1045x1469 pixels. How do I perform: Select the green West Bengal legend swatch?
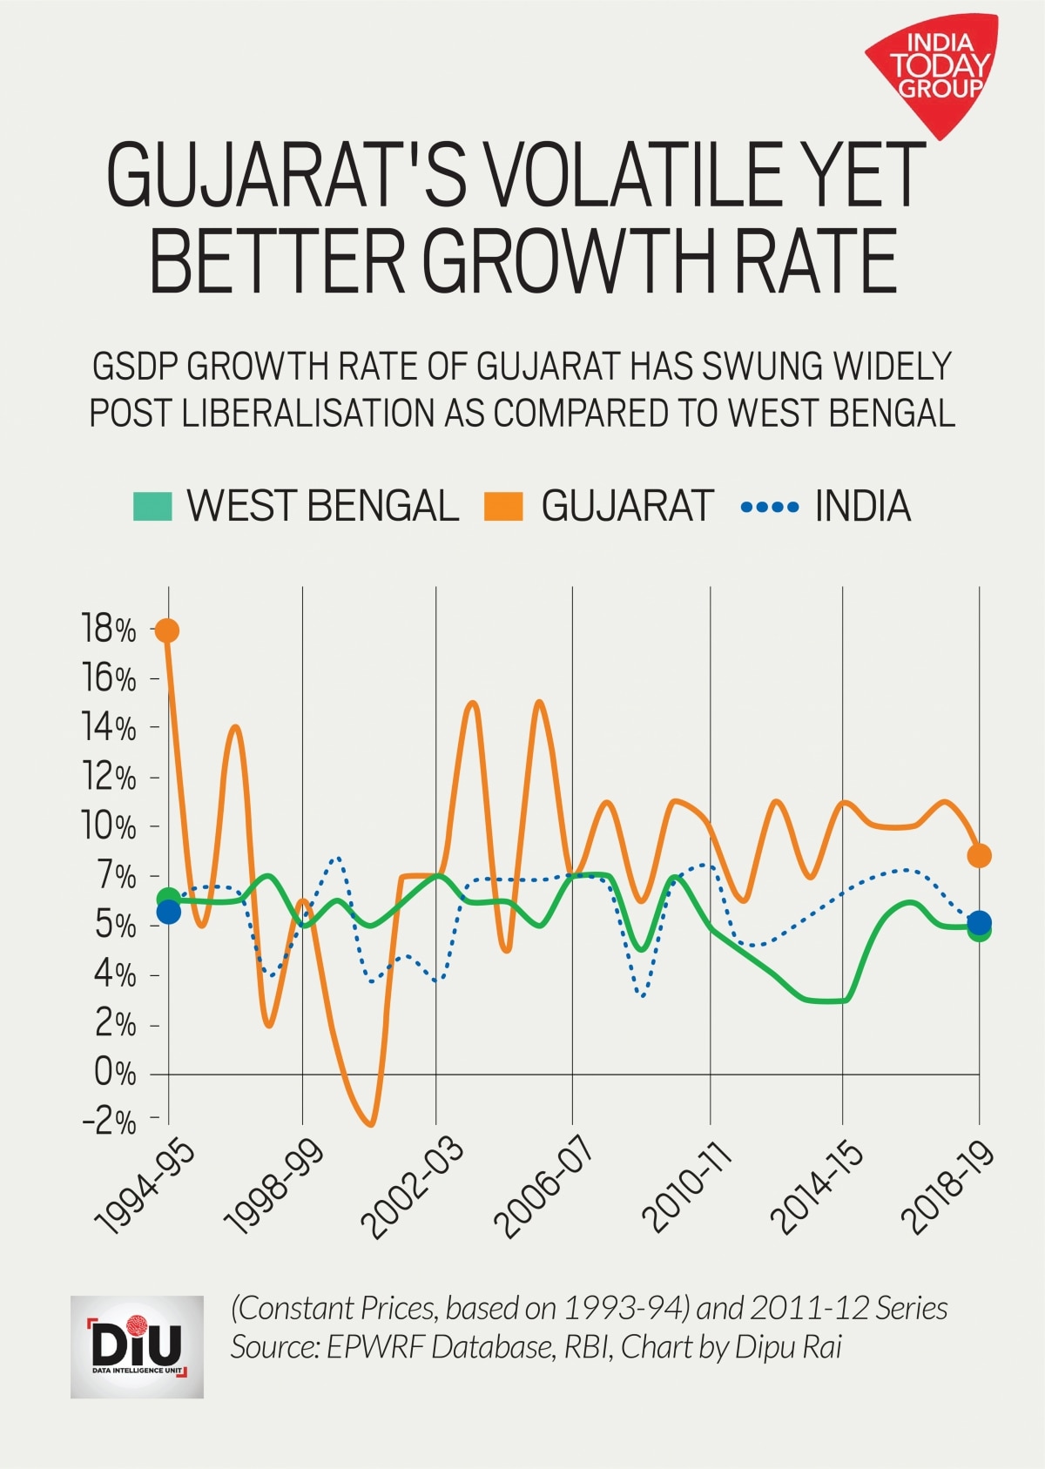pos(152,506)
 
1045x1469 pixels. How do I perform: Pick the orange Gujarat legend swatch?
pos(503,506)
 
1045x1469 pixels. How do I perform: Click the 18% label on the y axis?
pos(109,629)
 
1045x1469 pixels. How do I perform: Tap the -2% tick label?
pos(109,1122)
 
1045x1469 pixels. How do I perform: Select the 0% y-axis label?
pos(115,1073)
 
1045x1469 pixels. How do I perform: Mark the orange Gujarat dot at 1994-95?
pos(167,630)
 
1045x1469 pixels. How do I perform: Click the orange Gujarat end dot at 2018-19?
pos(980,856)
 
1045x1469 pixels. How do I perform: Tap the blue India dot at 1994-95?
pos(168,913)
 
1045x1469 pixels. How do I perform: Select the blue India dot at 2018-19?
pos(980,922)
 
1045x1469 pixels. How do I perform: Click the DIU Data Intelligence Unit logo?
pos(137,1347)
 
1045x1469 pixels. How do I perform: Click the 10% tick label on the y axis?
pos(109,825)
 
